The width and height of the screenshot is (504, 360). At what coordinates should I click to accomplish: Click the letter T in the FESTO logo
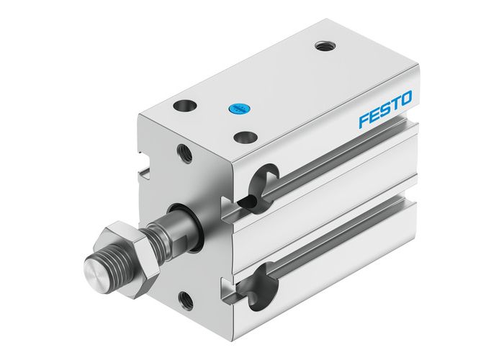(x=395, y=102)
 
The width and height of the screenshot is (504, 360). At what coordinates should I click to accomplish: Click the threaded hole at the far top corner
(x=321, y=47)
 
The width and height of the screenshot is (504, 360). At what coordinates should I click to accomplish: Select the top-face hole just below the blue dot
(x=246, y=135)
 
